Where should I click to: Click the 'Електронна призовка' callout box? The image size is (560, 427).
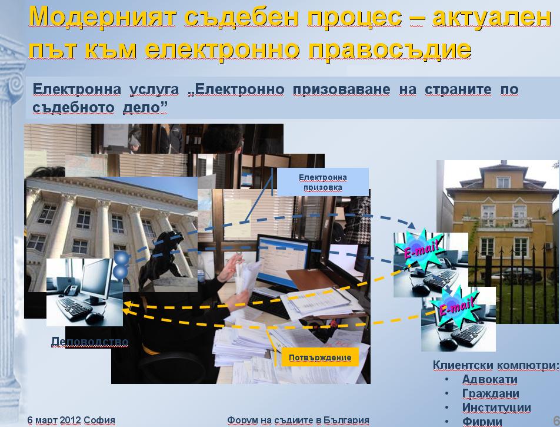pyautogui.click(x=323, y=182)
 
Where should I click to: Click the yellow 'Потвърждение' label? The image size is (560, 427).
pyautogui.click(x=320, y=358)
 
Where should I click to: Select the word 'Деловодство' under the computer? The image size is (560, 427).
pyautogui.click(x=89, y=342)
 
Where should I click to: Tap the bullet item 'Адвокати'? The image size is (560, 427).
pyautogui.click(x=489, y=379)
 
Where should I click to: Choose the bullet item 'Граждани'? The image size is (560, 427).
pyautogui.click(x=491, y=393)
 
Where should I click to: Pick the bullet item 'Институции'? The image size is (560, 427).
pyautogui.click(x=496, y=408)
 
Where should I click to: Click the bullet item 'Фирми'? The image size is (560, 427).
pyautogui.click(x=482, y=421)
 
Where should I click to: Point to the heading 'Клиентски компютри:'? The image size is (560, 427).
pyautogui.click(x=496, y=365)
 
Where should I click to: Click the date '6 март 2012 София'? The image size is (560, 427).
pyautogui.click(x=71, y=420)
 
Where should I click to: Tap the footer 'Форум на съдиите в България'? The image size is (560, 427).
pyautogui.click(x=298, y=420)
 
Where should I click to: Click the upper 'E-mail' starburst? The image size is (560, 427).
pyautogui.click(x=420, y=249)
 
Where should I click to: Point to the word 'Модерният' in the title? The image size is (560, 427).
pyautogui.click(x=102, y=17)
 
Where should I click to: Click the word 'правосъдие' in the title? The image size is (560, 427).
pyautogui.click(x=389, y=49)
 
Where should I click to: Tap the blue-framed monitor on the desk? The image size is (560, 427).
pyautogui.click(x=283, y=263)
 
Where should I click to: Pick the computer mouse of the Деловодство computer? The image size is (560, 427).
pyautogui.click(x=94, y=318)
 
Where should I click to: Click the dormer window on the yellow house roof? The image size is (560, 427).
pyautogui.click(x=503, y=182)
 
